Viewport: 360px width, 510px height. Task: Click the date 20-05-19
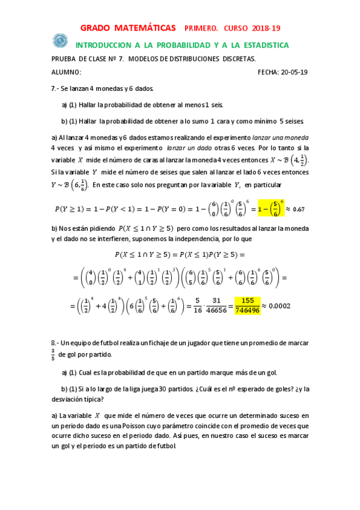tap(294, 72)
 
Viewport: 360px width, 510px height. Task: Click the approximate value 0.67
tap(299, 209)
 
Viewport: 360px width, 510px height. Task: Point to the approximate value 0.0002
tap(279, 306)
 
